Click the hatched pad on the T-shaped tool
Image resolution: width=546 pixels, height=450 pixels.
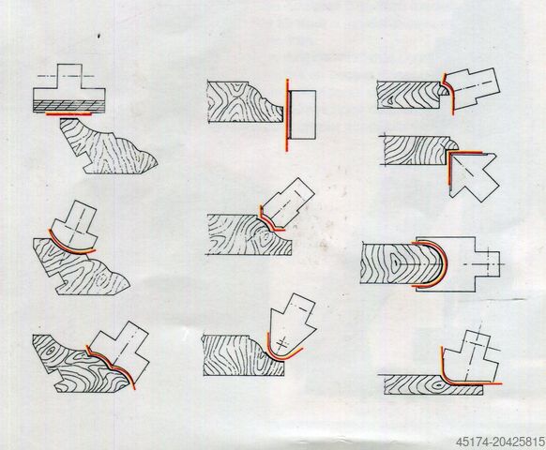coord(69,106)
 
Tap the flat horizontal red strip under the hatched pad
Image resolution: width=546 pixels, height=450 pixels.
coord(68,113)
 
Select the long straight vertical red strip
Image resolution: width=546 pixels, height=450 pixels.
coord(287,115)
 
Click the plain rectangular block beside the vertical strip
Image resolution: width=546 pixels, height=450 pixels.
coord(303,115)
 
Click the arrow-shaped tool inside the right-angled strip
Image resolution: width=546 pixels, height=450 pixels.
coord(472,174)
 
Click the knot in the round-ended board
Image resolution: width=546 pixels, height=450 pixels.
coord(395,263)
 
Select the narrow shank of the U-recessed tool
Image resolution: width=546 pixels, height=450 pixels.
coord(488,264)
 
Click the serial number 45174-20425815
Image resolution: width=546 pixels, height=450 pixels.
coord(500,442)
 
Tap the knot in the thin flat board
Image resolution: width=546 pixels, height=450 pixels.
coord(438,386)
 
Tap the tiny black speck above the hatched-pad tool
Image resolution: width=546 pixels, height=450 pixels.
coord(99,36)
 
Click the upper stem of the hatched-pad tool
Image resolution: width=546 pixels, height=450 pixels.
coord(69,76)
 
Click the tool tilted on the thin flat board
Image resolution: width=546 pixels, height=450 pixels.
coord(470,358)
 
